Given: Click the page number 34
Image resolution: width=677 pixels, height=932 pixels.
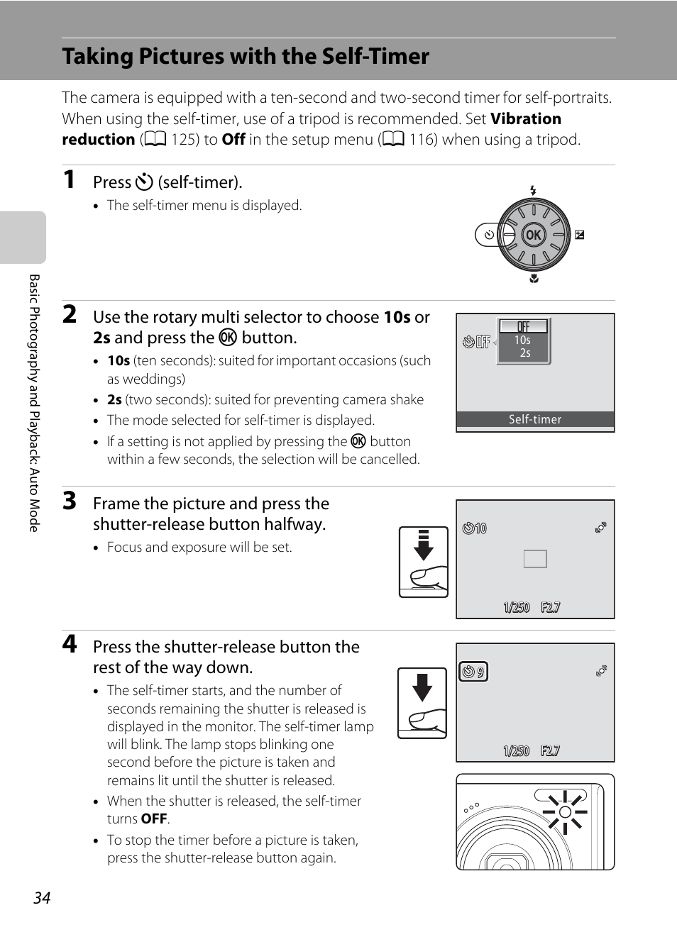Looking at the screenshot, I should click(x=42, y=898).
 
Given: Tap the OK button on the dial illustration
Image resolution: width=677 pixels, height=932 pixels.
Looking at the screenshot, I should click(x=533, y=235).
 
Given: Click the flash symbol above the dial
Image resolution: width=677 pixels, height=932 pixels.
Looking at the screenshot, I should click(x=533, y=190).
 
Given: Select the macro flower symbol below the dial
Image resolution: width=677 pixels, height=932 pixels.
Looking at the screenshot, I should click(x=534, y=279).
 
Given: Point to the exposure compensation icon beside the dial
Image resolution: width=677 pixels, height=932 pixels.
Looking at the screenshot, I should click(x=580, y=235).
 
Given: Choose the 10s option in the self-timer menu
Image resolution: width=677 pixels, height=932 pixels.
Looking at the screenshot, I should click(x=523, y=340).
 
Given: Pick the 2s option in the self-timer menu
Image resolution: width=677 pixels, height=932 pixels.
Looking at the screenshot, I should click(x=524, y=353).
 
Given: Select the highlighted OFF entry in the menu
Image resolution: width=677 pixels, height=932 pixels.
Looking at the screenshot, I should click(x=524, y=326).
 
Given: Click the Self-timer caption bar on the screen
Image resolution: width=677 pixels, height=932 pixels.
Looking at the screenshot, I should click(x=535, y=419).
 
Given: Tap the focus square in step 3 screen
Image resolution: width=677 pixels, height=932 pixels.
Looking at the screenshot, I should click(x=535, y=559).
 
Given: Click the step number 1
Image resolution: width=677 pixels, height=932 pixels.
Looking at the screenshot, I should click(x=69, y=179).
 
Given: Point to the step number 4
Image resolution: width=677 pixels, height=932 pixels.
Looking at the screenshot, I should click(x=70, y=643).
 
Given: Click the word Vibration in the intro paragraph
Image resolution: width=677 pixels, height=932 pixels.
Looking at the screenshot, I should click(x=526, y=118).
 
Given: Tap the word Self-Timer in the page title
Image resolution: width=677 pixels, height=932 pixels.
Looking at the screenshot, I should click(x=375, y=56).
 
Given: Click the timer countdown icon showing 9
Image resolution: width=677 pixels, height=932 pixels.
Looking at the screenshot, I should click(x=473, y=672).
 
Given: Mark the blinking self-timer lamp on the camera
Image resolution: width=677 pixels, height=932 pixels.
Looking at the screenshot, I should click(x=565, y=812).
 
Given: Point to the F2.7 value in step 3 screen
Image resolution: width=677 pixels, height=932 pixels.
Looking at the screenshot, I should click(x=550, y=607).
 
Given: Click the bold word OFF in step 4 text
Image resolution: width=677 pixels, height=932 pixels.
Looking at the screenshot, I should click(x=154, y=819).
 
